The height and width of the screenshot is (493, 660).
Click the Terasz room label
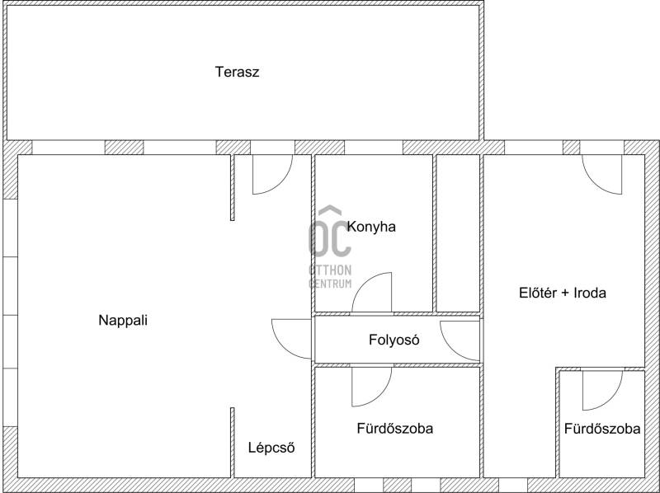[x=237, y=72]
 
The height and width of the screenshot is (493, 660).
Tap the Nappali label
[x=123, y=321]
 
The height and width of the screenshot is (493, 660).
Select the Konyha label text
[x=371, y=228]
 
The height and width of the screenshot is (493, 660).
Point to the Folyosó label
[x=394, y=340]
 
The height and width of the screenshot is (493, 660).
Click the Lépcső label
[x=271, y=448]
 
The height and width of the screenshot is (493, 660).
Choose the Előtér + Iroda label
[x=563, y=293]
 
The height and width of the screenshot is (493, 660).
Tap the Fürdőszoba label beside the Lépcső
[x=395, y=429]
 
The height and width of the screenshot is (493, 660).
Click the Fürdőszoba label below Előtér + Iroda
[x=602, y=429]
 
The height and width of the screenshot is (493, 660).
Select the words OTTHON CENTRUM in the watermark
[x=330, y=276]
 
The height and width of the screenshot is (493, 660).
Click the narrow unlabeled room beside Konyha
[x=458, y=233]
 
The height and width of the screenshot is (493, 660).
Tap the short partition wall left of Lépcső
[x=233, y=443]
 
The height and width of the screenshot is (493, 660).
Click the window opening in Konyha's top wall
[x=374, y=148]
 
